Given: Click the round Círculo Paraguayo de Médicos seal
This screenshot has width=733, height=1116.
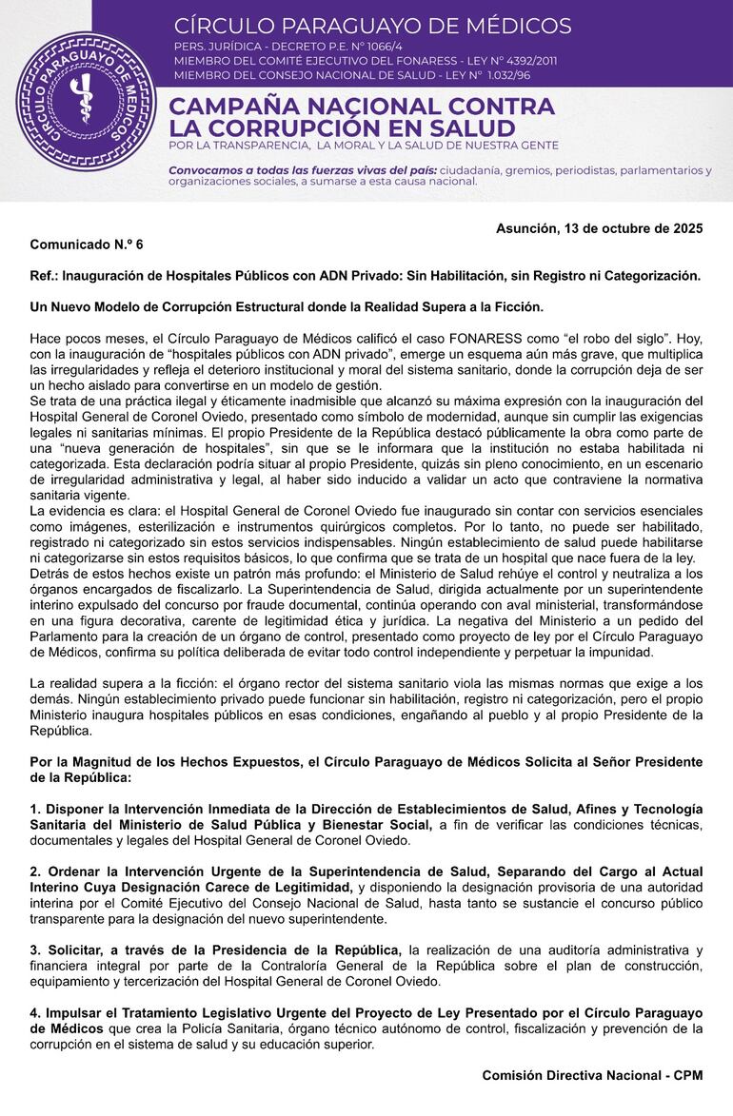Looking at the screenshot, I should (x=86, y=101).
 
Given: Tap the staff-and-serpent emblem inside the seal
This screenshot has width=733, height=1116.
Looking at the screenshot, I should (x=86, y=103).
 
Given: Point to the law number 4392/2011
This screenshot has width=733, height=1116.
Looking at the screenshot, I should (x=516, y=60).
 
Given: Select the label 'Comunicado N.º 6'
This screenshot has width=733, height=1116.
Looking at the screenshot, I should (x=87, y=245).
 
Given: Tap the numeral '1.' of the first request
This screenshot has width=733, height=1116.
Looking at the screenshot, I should (x=35, y=809).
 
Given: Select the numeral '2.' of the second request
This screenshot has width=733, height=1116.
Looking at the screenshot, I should (x=35, y=872).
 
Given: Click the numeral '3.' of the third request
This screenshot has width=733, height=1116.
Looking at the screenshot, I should (x=35, y=950).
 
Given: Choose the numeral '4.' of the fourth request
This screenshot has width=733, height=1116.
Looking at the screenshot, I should (x=35, y=1013).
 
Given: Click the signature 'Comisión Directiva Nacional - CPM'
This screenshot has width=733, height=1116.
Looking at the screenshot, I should (x=592, y=1075).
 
